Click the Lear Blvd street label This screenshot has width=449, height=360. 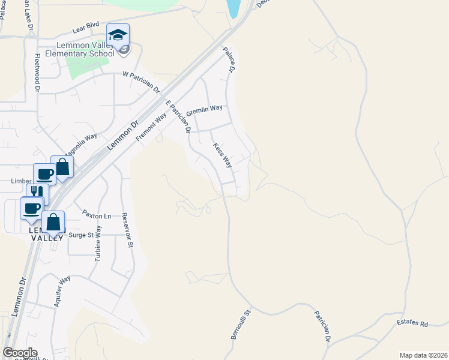coord(85,26)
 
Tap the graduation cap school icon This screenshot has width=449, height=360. coord(118,35)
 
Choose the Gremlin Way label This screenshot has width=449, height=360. coord(204,111)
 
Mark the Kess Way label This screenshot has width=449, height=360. coord(222,155)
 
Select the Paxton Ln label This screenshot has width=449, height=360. coord(97,215)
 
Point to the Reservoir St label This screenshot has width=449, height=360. coord(126,230)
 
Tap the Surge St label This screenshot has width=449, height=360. coord(82,235)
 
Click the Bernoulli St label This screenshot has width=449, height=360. coord(240,324)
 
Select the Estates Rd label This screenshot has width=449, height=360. coord(412,324)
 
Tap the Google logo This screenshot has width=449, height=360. coord(20,353)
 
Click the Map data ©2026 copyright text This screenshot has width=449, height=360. coord(424,355)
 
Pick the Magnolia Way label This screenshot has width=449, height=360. coord(81,145)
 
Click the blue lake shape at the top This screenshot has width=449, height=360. coord(232,7)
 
